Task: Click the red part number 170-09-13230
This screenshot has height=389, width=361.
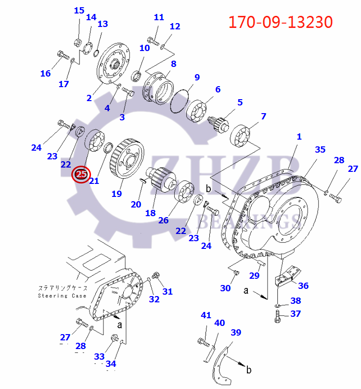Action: tap(280, 22)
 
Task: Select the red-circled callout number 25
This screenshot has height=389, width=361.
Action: tap(81, 175)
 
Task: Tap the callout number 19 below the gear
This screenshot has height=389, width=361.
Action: tap(116, 194)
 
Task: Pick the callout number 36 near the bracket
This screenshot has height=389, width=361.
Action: tap(303, 285)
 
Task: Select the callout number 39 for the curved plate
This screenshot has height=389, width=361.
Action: tap(235, 333)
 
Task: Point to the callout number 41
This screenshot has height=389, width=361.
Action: tap(206, 315)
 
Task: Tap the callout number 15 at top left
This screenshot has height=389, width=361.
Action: tap(79, 11)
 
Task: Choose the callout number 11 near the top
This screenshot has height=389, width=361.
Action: tap(159, 17)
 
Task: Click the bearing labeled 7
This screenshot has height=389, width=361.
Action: tap(242, 136)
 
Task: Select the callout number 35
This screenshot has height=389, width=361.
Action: tap(320, 150)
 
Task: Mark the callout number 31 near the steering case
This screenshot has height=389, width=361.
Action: tap(167, 291)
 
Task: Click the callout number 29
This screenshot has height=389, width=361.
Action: tap(255, 275)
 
